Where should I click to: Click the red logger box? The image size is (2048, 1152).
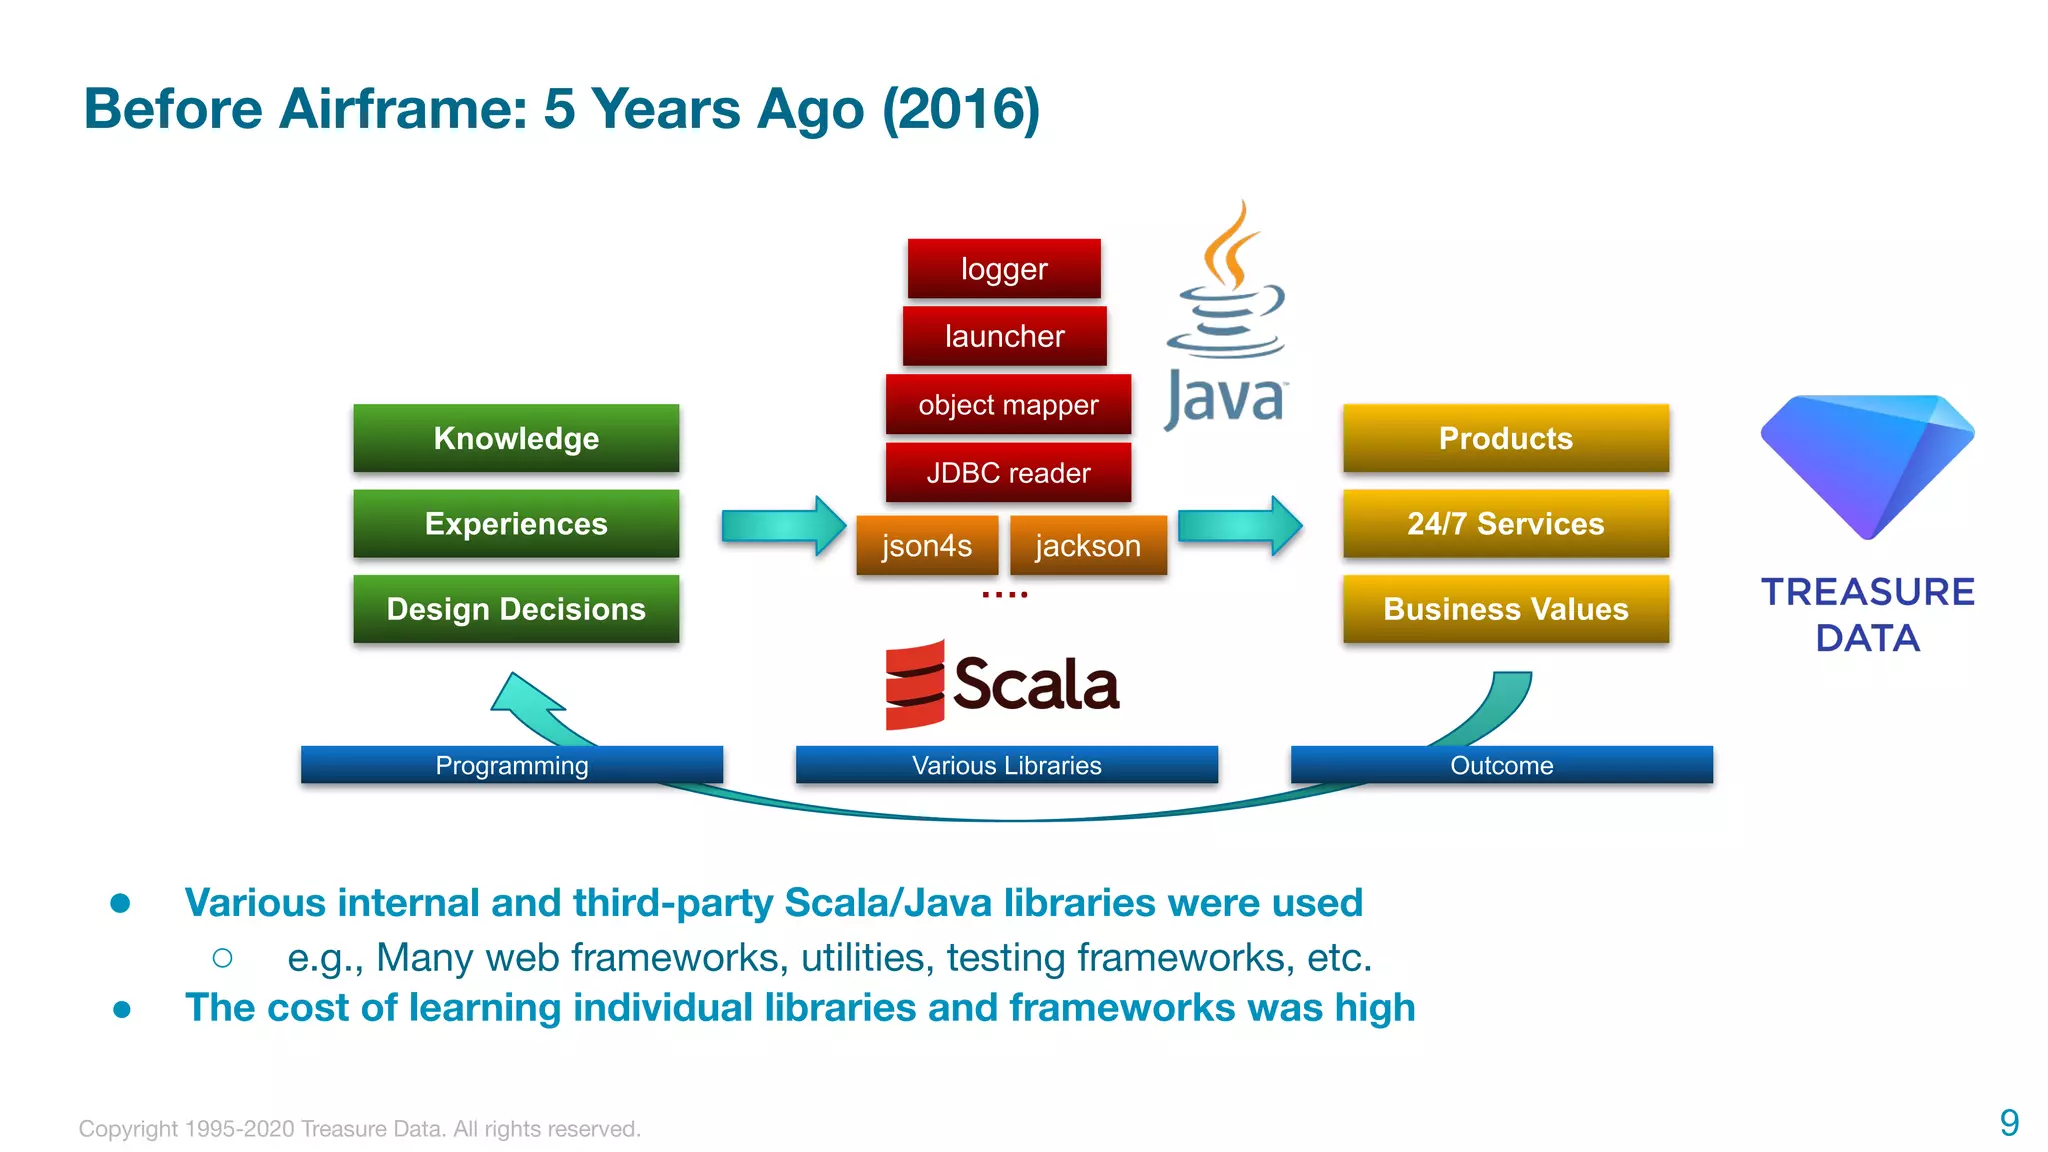[x=1004, y=268]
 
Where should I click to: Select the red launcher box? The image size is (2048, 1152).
[x=1004, y=336]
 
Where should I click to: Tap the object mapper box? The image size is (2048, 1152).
[x=1008, y=404]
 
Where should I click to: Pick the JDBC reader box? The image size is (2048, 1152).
[x=1008, y=472]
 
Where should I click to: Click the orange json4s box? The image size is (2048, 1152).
[x=927, y=545]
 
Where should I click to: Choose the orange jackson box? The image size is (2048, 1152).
[x=1088, y=545]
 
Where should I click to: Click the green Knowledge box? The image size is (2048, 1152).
[x=516, y=438]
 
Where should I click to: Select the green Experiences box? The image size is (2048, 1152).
[x=516, y=523]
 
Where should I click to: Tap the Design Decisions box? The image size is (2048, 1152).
[x=516, y=608]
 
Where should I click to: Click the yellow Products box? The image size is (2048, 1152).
[x=1505, y=438]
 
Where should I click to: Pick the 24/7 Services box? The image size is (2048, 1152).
[x=1505, y=523]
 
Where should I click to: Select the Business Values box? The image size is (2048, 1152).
[x=1505, y=608]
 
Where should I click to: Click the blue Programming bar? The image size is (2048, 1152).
[x=511, y=765]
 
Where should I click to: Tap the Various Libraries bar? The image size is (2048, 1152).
[x=1006, y=765]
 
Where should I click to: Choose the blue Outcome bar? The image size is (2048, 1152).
[x=1501, y=765]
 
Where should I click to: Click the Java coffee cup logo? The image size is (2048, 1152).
[x=1226, y=290]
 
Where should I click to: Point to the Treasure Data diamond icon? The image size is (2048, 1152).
[x=1866, y=465]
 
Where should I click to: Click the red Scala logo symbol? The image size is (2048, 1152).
[x=914, y=685]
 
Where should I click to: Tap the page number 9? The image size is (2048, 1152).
[x=2008, y=1122]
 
